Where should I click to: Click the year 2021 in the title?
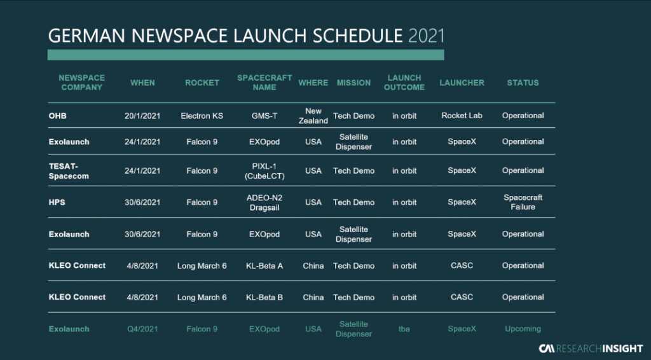click(x=427, y=36)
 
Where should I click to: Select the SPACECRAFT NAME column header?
click(x=264, y=83)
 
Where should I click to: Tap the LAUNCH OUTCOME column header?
click(x=404, y=83)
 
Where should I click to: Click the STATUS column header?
click(x=523, y=83)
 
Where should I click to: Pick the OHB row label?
click(x=57, y=116)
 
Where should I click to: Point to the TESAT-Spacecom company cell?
click(x=69, y=171)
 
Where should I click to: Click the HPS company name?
click(x=57, y=202)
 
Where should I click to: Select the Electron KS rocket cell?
click(x=202, y=116)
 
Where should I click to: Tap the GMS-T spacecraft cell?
click(x=264, y=116)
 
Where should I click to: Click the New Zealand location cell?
click(x=313, y=116)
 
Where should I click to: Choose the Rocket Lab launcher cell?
click(x=462, y=115)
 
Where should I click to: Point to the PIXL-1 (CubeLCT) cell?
click(x=264, y=171)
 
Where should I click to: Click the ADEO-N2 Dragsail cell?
click(x=264, y=203)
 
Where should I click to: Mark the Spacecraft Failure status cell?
click(x=523, y=202)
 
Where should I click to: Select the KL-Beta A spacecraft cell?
click(x=264, y=266)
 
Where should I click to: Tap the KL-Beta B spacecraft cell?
click(x=264, y=297)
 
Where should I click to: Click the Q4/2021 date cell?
click(x=142, y=329)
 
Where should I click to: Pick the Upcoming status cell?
click(x=523, y=329)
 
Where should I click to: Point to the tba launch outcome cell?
click(x=404, y=329)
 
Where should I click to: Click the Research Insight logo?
click(x=591, y=349)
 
